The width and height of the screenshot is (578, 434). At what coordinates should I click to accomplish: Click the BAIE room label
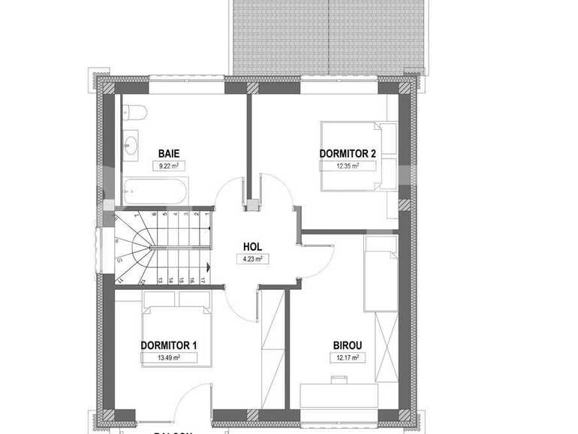click(x=169, y=154)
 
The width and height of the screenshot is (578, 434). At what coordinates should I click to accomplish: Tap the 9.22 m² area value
click(x=169, y=166)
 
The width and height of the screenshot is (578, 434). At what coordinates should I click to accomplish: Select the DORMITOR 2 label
click(x=347, y=154)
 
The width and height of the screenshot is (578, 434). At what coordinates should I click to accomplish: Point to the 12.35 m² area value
click(x=347, y=166)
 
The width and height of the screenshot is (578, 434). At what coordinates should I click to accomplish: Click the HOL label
click(x=252, y=246)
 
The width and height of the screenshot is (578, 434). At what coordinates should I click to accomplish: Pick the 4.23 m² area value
click(x=252, y=259)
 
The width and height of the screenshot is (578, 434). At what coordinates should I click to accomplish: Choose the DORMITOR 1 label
click(x=169, y=345)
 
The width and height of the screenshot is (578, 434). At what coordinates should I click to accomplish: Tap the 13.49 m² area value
click(x=169, y=357)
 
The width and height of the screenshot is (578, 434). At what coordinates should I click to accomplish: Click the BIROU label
click(x=348, y=345)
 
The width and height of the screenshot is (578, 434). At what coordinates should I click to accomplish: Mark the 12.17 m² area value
click(x=348, y=357)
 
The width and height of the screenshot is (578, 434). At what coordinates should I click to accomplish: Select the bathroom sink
click(x=133, y=144)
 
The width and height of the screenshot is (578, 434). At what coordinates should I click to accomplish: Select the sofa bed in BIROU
click(x=380, y=273)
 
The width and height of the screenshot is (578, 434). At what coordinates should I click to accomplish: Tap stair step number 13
click(x=161, y=280)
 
